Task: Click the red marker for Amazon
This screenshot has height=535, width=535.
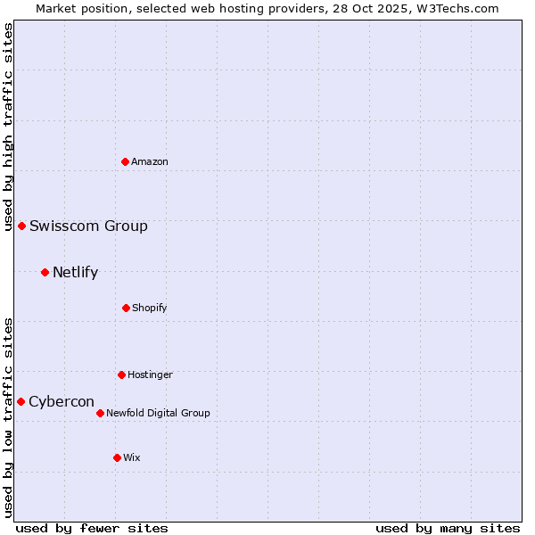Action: coord(125,161)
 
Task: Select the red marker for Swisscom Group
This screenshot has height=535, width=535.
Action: coord(21,226)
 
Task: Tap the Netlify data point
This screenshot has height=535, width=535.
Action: coord(45,272)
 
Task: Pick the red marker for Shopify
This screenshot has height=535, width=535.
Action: coord(126,308)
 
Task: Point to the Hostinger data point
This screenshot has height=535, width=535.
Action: coord(121,374)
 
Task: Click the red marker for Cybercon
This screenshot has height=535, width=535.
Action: coord(21,401)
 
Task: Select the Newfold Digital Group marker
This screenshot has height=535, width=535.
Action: coord(100,413)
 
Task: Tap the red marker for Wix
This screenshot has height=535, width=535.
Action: coord(117,457)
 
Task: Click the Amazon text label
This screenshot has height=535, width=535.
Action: coord(150,161)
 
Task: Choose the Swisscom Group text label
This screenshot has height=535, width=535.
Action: coord(88,226)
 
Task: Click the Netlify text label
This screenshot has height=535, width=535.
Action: coord(75,272)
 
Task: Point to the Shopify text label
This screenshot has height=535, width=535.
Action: coord(150,308)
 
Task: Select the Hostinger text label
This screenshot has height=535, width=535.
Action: coord(150,374)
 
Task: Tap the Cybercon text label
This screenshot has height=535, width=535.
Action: coord(62,401)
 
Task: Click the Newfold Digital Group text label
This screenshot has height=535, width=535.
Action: coord(158,413)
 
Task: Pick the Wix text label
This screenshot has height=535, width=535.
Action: coord(132,457)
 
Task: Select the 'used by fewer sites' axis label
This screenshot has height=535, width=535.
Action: coord(92,528)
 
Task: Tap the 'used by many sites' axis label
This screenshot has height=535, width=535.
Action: coord(448,528)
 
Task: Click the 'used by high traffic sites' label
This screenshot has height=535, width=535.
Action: coord(8,127)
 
